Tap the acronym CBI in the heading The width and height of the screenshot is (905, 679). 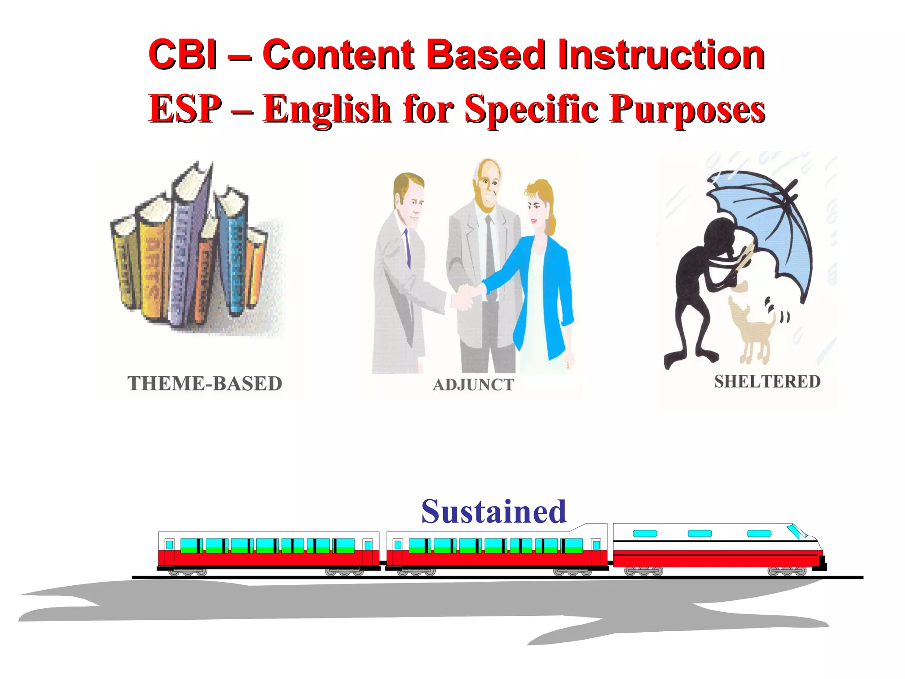pos(183,55)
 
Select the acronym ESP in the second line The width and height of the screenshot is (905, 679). pos(186,109)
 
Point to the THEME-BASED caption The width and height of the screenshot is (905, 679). pos(205,383)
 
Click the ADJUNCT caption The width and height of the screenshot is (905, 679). pos(473,385)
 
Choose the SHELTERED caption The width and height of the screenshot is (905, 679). pos(767,381)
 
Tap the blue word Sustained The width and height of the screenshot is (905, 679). pos(494,511)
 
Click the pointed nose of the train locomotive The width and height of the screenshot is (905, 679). pos(818,548)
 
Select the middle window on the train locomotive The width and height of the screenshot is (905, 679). pos(700,534)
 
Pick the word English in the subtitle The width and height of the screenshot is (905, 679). pos(327,110)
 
